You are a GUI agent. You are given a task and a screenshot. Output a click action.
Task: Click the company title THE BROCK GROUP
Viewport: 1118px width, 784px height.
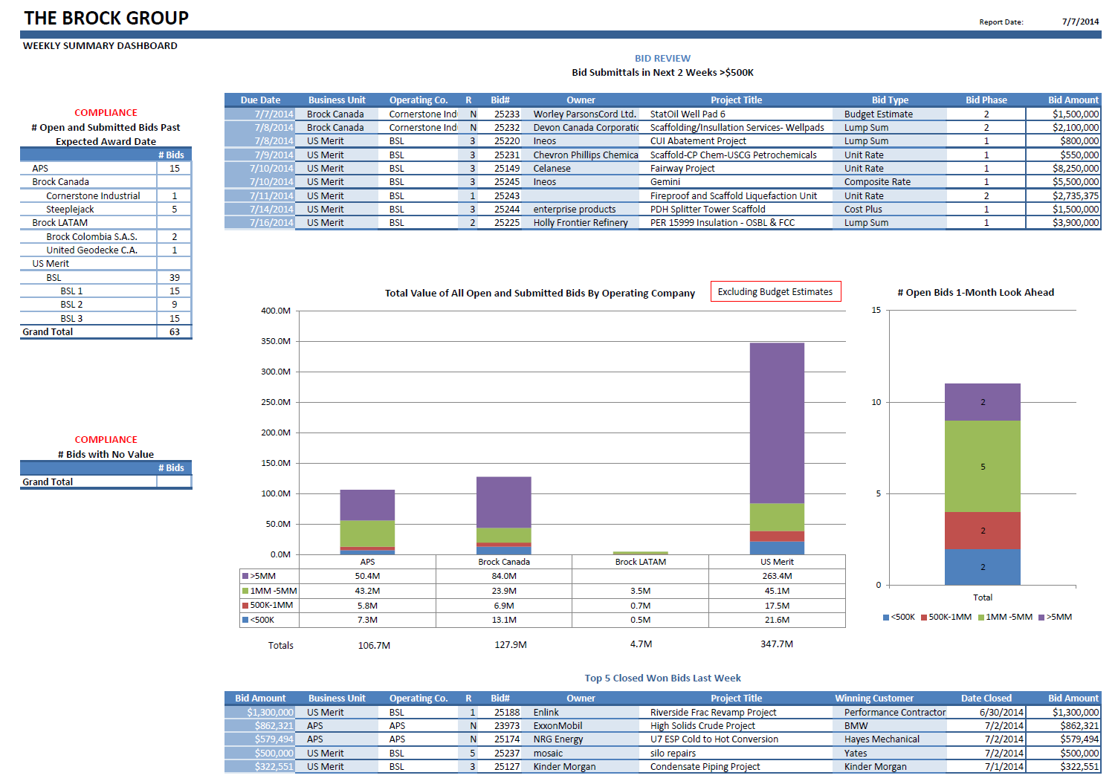click(x=106, y=18)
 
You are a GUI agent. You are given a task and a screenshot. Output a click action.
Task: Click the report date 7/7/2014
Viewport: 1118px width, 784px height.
click(x=1080, y=22)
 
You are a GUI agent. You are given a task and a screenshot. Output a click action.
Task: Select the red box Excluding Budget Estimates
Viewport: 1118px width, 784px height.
click(x=775, y=291)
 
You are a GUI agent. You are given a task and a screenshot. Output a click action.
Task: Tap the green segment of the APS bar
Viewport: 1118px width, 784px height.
click(x=367, y=534)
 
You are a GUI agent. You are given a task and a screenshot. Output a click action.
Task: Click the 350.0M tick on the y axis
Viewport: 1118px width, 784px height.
click(x=276, y=341)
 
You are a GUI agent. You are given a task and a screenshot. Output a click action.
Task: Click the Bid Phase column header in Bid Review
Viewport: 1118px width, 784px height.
click(x=986, y=100)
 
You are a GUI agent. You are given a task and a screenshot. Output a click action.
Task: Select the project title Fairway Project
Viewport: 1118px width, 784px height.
click(x=682, y=168)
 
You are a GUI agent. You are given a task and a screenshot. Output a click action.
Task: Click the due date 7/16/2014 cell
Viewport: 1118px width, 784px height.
click(x=271, y=222)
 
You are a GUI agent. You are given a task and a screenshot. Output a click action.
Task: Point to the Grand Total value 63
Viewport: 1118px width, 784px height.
click(x=174, y=331)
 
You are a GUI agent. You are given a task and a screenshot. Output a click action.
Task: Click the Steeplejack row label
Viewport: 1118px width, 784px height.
click(x=70, y=209)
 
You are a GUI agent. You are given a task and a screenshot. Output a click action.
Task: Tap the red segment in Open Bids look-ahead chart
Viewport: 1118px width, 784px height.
click(x=982, y=531)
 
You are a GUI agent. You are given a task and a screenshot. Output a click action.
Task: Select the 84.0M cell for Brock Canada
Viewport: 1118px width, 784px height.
click(x=503, y=576)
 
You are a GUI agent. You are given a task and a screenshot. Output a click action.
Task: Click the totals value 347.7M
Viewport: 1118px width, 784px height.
click(x=776, y=644)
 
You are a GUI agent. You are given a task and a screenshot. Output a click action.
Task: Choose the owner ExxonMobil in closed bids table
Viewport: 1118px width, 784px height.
click(x=558, y=725)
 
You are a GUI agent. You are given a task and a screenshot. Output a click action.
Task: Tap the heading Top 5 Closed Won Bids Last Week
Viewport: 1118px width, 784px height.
click(x=662, y=678)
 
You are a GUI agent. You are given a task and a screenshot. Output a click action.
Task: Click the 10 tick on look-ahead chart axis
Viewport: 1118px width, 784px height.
click(x=876, y=402)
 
